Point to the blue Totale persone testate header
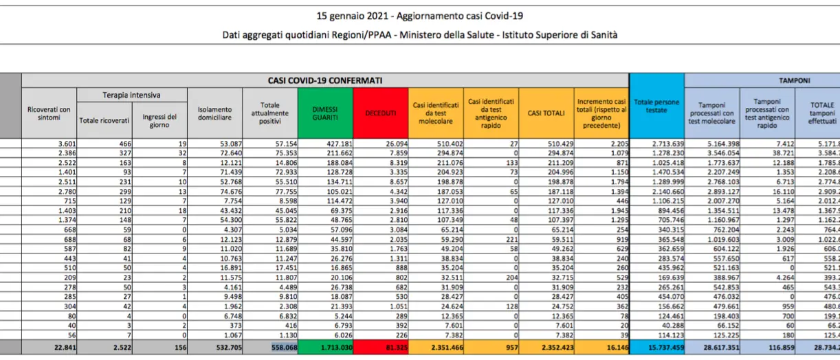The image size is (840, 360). (656, 110)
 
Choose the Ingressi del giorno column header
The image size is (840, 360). (159, 121)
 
